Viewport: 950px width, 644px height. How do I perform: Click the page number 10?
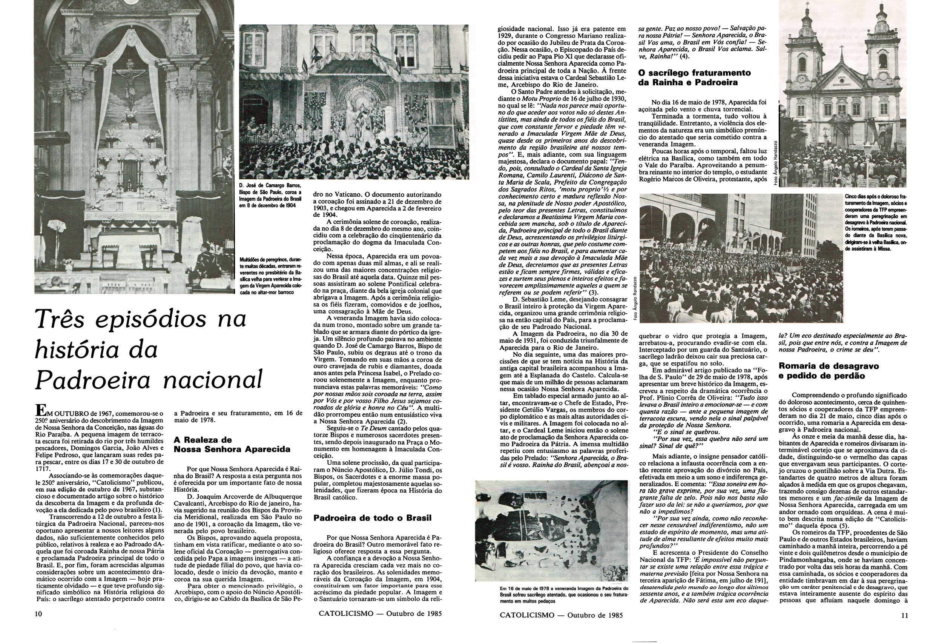coord(39,614)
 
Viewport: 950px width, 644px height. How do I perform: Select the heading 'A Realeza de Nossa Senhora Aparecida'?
coord(232,444)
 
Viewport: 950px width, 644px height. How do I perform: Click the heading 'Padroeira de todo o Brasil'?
coord(372,518)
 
